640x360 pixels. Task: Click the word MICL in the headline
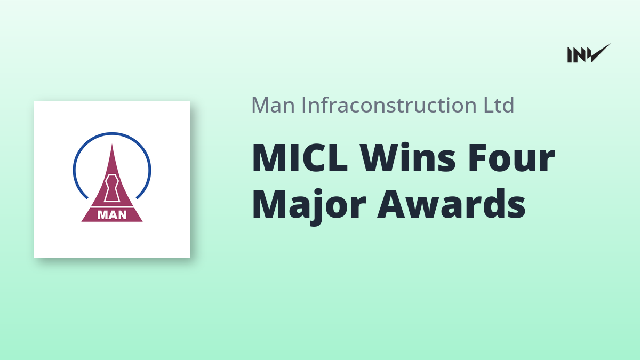(300, 158)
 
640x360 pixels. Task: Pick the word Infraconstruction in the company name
(389, 105)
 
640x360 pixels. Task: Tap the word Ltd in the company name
(499, 105)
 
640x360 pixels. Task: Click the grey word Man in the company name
(273, 105)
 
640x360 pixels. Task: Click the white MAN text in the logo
(112, 215)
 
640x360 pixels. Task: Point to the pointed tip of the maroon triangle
(112, 145)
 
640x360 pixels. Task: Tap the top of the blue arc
(112, 133)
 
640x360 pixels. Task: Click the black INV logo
(589, 53)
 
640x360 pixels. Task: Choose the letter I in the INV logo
(570, 55)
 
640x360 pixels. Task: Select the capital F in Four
(477, 158)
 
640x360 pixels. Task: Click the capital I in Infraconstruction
(303, 105)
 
